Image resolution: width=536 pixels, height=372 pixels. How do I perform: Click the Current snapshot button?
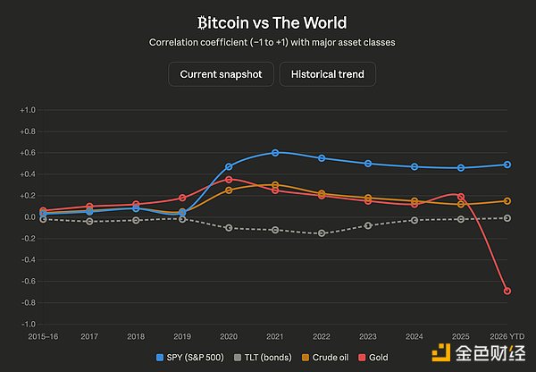point(221,74)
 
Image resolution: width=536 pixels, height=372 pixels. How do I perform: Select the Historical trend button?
point(327,74)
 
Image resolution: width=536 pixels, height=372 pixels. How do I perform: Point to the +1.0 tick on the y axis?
point(27,110)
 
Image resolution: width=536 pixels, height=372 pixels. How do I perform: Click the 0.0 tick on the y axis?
point(29,217)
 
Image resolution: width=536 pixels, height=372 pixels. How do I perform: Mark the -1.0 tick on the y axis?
point(27,324)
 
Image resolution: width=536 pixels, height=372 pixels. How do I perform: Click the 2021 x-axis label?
point(275,335)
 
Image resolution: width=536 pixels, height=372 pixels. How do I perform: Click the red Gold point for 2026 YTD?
point(507,292)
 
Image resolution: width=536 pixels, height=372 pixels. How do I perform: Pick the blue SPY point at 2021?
point(275,153)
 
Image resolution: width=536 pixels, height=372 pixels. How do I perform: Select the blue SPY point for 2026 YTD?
point(507,165)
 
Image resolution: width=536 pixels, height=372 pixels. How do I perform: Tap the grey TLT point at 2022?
point(322,233)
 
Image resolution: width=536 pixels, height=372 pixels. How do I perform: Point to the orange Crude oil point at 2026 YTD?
point(507,201)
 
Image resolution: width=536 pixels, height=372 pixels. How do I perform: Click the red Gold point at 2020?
point(229,180)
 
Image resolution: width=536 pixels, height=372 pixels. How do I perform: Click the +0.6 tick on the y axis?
point(27,153)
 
